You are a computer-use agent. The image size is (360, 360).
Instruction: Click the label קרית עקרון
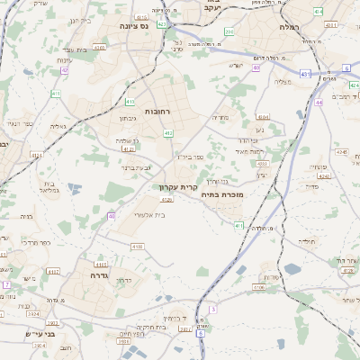(176, 187)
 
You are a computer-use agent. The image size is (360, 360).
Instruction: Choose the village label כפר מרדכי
(36, 242)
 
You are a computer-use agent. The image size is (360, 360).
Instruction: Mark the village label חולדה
(309, 241)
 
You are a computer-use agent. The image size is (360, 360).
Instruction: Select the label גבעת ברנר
(139, 166)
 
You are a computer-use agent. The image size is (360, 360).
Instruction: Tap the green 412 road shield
(168, 133)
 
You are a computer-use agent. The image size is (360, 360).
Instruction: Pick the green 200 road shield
(230, 32)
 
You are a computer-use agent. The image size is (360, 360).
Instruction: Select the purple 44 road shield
(319, 102)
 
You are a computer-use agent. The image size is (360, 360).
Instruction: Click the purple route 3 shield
(212, 309)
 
